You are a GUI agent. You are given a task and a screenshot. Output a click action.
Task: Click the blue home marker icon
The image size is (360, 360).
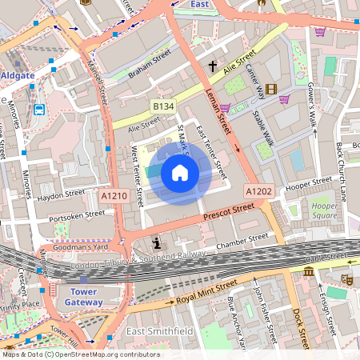(180, 173)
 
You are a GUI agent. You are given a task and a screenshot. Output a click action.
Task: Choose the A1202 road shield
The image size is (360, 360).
(258, 191)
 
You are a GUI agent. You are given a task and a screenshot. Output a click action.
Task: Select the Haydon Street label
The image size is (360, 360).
(61, 194)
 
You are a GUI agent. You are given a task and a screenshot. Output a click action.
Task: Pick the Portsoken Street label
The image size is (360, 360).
(76, 214)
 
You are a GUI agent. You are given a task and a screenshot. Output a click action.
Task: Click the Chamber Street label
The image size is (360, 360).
(242, 238)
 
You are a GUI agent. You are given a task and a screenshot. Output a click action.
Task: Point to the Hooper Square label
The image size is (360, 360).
(323, 210)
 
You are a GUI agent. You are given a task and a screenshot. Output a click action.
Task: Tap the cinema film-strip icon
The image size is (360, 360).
(270, 89)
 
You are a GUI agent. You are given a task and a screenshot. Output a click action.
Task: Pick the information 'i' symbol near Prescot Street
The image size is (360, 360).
(156, 242)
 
